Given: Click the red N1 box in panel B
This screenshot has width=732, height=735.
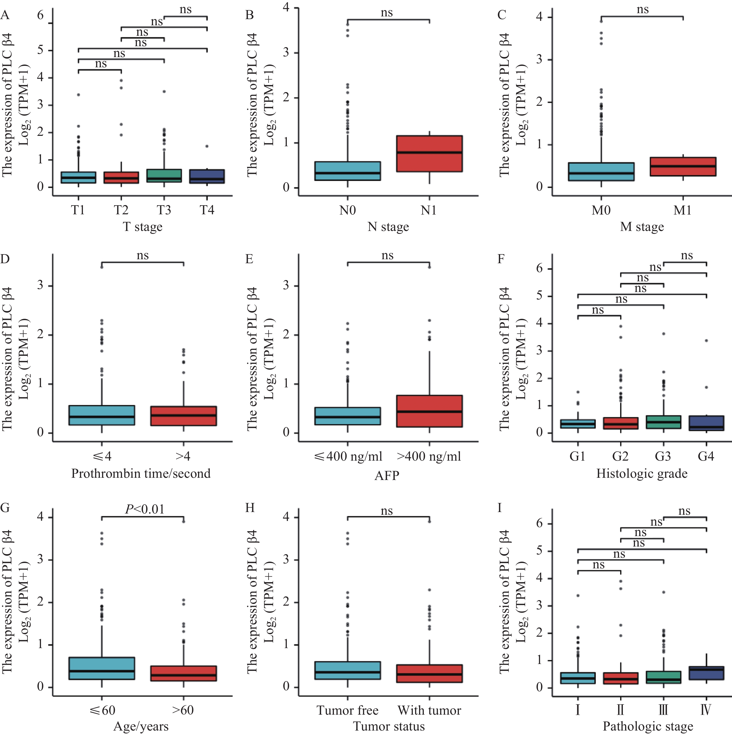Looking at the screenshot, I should pos(429,154).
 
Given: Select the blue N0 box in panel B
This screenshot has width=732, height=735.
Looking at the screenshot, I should pos(347,171).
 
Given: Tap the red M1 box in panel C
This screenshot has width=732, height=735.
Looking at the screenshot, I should pos(683,167).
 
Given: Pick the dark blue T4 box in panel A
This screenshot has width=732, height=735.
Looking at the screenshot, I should pos(207,177).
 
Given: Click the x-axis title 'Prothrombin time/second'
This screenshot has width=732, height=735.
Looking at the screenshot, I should pos(141,473).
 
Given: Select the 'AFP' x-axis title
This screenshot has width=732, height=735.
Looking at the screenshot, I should pos(387,476).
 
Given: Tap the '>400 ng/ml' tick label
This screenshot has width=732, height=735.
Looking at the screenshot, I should pos(429,456).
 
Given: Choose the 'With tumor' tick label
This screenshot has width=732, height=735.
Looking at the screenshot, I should pos(429,710).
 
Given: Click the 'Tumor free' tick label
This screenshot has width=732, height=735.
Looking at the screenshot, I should pos(347,710).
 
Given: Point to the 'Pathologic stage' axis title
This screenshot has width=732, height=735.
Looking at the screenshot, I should pos(648,726).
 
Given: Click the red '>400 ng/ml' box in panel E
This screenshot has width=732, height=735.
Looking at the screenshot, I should pos(429,411).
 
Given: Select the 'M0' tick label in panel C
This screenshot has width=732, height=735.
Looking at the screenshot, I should pos(601,210).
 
